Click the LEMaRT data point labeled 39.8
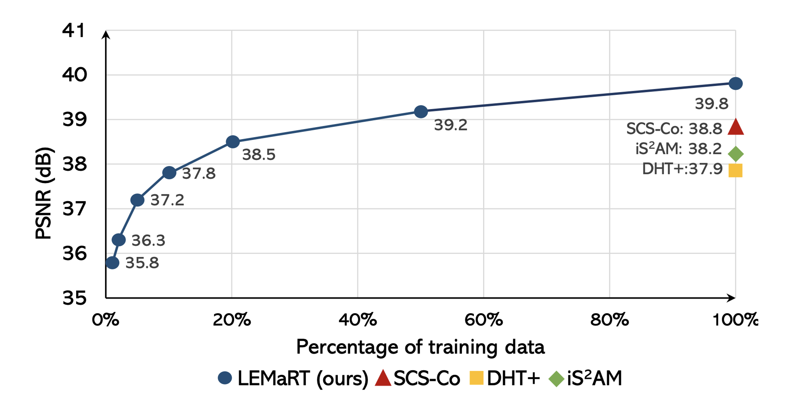pyautogui.click(x=735, y=84)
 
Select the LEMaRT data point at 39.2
pyautogui.click(x=421, y=111)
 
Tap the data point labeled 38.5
pyautogui.click(x=233, y=142)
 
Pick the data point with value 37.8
pyautogui.click(x=169, y=173)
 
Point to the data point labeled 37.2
pyautogui.click(x=137, y=200)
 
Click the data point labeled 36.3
pyautogui.click(x=118, y=239)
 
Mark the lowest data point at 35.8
pyautogui.click(x=112, y=263)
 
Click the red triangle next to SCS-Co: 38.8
pyautogui.click(x=735, y=128)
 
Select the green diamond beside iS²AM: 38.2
pyautogui.click(x=736, y=154)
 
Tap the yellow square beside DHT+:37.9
pyautogui.click(x=735, y=171)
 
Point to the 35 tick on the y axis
pyautogui.click(x=74, y=298)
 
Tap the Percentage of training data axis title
pyautogui.click(x=420, y=347)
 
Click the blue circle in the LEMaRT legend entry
pyautogui.click(x=225, y=378)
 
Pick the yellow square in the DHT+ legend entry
pyautogui.click(x=476, y=378)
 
